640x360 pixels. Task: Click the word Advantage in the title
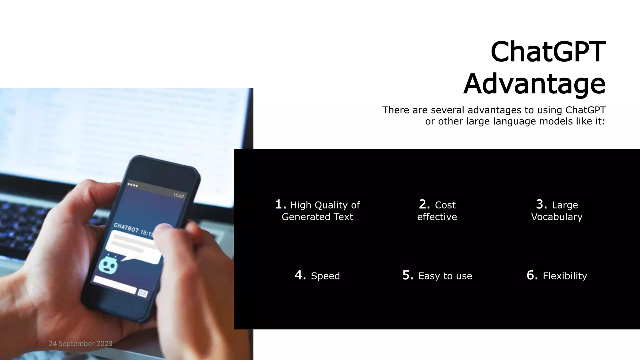coord(534,84)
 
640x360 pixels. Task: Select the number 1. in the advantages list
coord(281,204)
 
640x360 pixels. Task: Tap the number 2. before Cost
coord(424,204)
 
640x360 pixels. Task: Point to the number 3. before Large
coord(542,204)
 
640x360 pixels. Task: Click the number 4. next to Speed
coord(300,275)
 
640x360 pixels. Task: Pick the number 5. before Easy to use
coord(408,275)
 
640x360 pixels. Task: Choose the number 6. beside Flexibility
coord(532,275)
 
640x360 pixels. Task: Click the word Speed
coord(325,276)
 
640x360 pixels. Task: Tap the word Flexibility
coord(565,276)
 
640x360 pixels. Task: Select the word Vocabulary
coord(557,217)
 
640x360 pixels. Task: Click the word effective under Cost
coord(437,217)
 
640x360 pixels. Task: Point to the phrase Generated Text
coord(317,217)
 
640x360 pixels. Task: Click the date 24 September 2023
coord(81,344)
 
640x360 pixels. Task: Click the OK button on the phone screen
coord(142,293)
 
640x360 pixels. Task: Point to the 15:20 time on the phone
coord(178,195)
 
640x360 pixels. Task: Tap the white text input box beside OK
coord(115,284)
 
